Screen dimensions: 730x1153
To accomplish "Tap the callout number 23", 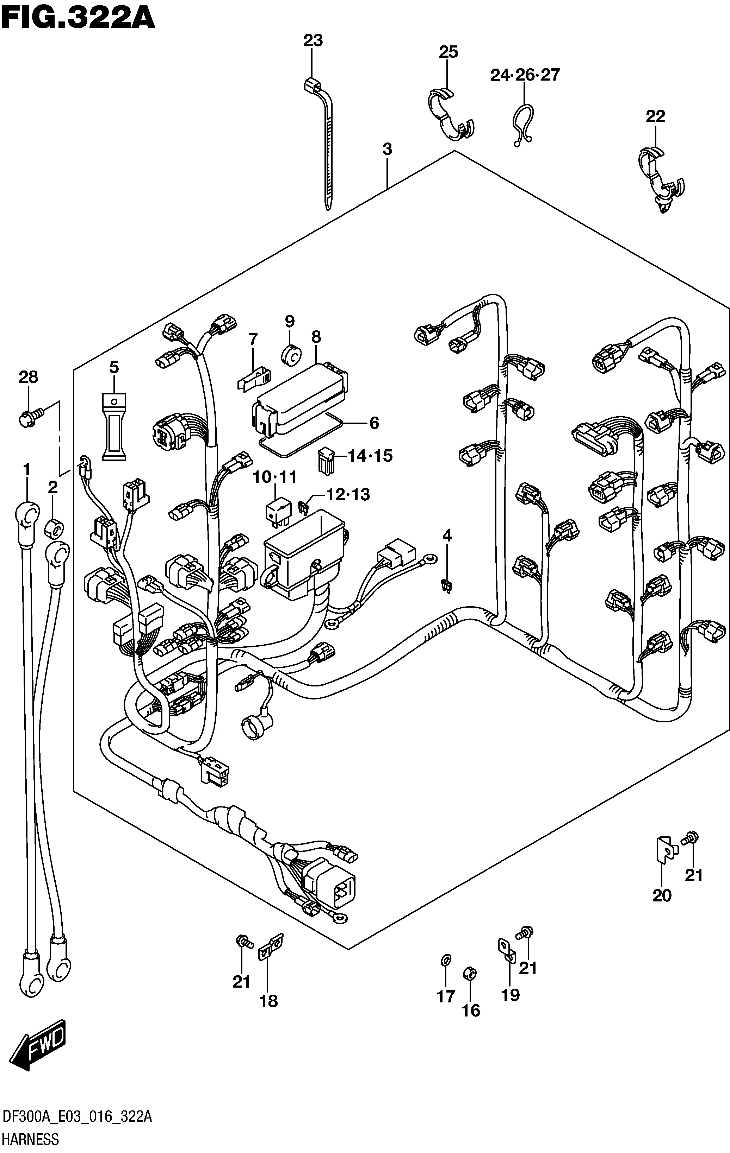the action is pyautogui.click(x=313, y=41).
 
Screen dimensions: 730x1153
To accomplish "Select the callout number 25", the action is pyautogui.click(x=448, y=52).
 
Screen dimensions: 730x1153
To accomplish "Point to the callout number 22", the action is pyautogui.click(x=656, y=116).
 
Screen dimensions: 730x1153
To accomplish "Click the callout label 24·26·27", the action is pyautogui.click(x=525, y=75).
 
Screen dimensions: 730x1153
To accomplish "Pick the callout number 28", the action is pyautogui.click(x=28, y=377).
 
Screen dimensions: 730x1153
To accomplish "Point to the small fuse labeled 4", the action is pyautogui.click(x=447, y=585).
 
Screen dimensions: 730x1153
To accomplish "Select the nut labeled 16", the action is pyautogui.click(x=470, y=974).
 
